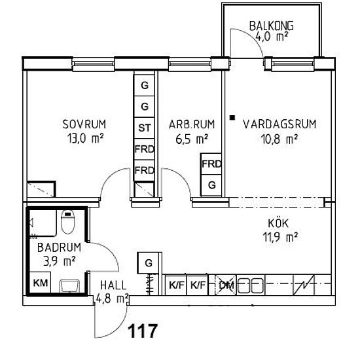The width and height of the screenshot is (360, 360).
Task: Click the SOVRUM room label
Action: point(84,124)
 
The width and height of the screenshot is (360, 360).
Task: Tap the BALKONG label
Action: point(272,26)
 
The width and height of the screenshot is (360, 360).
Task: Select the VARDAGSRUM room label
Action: point(279,124)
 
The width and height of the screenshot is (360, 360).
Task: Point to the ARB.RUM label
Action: point(192,124)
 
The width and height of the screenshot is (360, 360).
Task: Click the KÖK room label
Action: point(278,223)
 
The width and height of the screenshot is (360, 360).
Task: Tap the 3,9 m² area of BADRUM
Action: point(59,261)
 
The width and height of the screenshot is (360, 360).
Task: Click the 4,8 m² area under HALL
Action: point(112,298)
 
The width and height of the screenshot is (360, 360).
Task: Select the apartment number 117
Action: point(143,331)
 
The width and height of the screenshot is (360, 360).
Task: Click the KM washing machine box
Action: point(41,282)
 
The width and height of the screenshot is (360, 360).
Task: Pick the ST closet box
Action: point(144,128)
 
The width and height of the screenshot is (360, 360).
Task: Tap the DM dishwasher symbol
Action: point(225,285)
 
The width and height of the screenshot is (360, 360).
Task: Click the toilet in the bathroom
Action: point(67,222)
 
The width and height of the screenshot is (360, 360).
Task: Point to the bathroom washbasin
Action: point(69,286)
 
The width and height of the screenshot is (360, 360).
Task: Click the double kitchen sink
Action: point(250,285)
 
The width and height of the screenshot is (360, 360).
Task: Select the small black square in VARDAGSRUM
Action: point(233,118)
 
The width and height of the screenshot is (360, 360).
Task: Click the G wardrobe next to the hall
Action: point(149,263)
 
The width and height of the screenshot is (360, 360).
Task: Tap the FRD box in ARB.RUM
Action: point(211,164)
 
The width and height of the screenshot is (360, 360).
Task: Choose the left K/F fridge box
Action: point(176,285)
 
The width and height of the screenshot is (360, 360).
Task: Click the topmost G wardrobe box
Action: point(144,85)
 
